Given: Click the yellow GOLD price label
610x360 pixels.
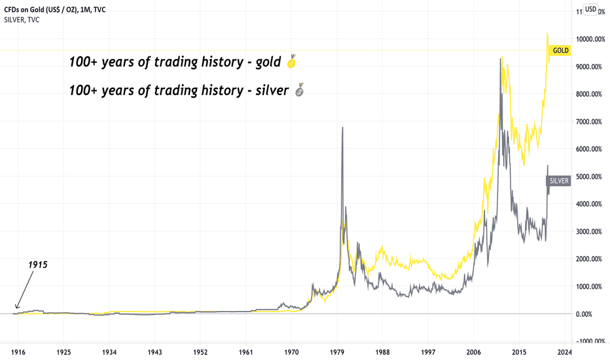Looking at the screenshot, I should coord(561,50).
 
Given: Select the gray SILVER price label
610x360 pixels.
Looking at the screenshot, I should coord(558,181).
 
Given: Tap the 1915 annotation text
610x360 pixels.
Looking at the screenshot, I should coord(38,265).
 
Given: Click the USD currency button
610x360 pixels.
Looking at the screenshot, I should coord(590,9).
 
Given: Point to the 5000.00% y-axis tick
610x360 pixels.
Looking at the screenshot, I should coord(589,177).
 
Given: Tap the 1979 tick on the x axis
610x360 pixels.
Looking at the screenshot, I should coord(337,351).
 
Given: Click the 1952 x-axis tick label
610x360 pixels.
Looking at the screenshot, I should coord(200,351).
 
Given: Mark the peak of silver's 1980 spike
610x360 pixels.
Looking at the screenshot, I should coord(342,128).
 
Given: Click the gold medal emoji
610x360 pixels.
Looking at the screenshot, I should coord(292,63).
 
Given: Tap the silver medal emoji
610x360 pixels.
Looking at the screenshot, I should coord(299,91).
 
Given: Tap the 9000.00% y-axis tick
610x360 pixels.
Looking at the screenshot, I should coord(589,67).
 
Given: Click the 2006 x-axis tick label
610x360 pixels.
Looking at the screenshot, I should coord(475,351).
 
